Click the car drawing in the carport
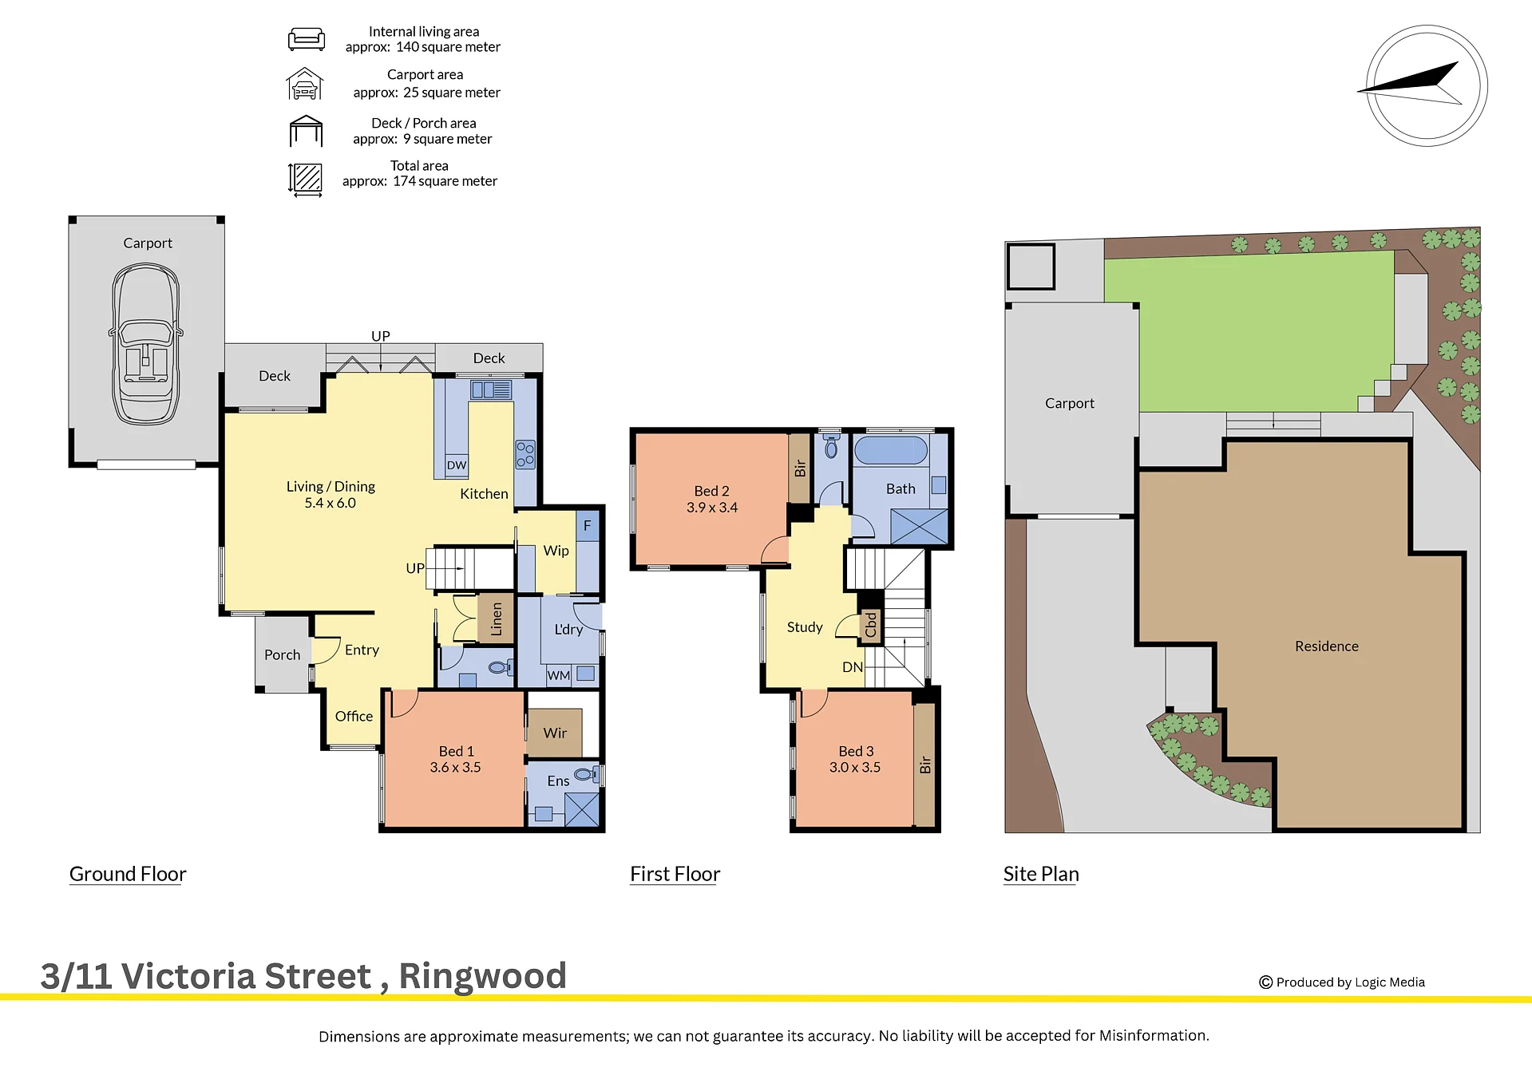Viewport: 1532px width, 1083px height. [145, 345]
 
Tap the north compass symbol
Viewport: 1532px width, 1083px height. [1427, 85]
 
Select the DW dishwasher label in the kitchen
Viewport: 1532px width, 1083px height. [457, 465]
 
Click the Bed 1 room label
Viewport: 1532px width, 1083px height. [456, 751]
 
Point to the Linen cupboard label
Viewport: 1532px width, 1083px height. [497, 619]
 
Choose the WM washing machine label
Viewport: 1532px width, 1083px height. [559, 675]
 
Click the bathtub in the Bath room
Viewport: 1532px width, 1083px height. [891, 450]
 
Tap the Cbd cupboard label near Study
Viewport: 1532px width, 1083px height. [871, 625]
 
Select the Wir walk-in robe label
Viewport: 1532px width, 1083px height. [555, 733]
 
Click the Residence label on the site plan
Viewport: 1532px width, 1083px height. [1326, 646]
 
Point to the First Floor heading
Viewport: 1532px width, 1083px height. [675, 874]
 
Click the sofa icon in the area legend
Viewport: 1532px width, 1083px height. [306, 39]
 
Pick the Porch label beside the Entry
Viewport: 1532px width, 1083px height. [283, 654]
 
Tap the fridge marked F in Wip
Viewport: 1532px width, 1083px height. [588, 526]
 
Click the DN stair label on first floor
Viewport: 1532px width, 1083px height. [853, 667]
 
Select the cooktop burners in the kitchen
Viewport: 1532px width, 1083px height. [525, 454]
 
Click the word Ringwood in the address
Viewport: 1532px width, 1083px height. [482, 975]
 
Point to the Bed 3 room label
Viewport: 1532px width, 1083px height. [856, 751]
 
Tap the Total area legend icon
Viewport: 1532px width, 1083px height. [305, 179]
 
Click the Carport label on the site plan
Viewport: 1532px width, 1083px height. [1069, 403]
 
